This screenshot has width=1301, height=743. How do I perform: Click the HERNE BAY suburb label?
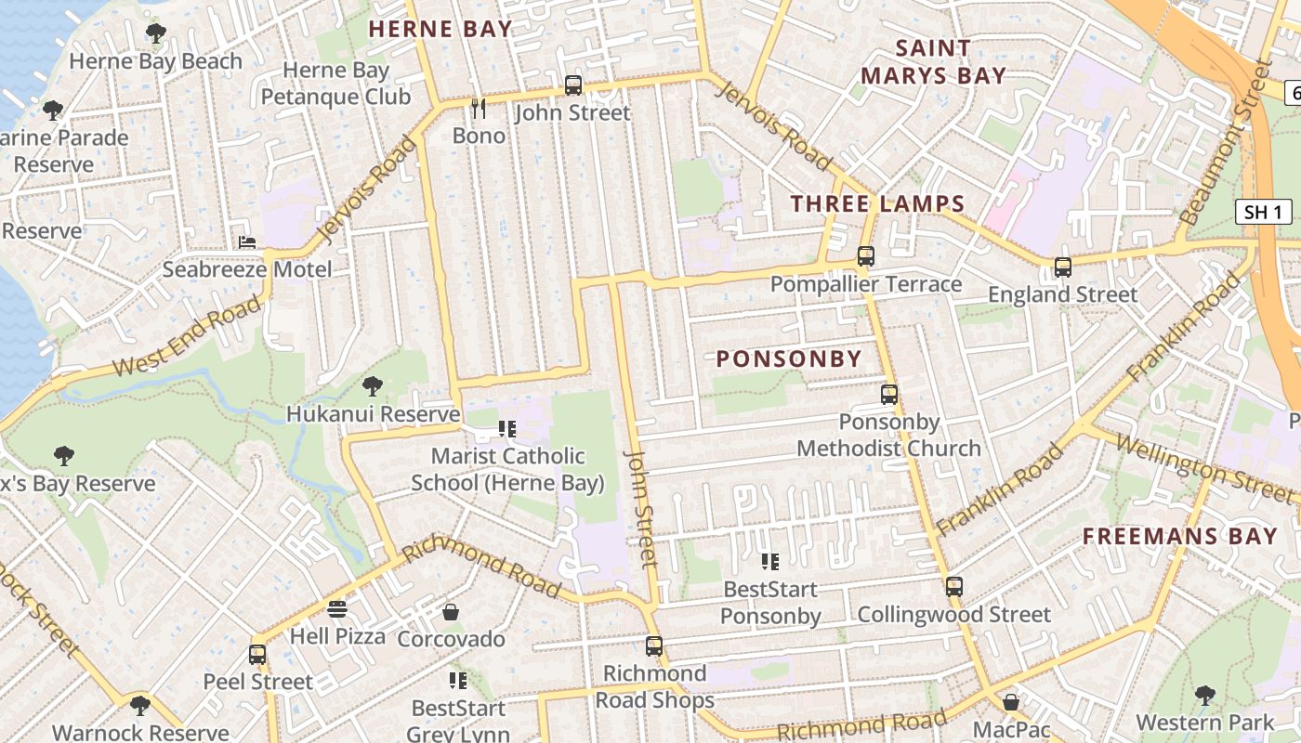click(440, 29)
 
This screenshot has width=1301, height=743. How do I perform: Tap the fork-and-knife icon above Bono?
click(479, 109)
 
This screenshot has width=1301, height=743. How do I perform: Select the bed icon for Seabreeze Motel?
click(247, 242)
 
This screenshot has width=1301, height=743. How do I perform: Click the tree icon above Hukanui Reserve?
click(373, 385)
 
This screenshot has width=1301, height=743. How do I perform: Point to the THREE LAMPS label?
click(877, 204)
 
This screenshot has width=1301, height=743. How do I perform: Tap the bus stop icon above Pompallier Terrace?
click(866, 255)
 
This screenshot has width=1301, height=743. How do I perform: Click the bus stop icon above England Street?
click(1062, 267)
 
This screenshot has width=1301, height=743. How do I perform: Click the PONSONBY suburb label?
click(789, 358)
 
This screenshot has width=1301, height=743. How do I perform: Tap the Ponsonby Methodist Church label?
click(888, 435)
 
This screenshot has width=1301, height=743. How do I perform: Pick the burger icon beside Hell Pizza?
click(337, 609)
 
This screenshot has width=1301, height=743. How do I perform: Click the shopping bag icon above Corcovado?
click(451, 612)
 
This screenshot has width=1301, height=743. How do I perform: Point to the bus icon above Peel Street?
click(257, 654)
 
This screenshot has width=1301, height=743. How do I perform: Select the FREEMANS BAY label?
click(1179, 536)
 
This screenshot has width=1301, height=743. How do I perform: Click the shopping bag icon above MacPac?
click(1011, 702)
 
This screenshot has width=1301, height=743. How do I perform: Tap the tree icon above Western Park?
click(1204, 695)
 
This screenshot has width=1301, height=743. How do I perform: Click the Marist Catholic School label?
click(507, 469)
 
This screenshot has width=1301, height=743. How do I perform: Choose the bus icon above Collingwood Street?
click(953, 587)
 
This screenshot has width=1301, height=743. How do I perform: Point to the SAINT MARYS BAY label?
click(933, 61)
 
